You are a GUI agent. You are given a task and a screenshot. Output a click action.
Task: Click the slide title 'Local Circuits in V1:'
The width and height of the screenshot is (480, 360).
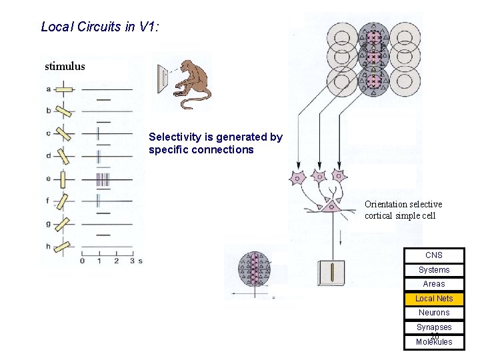[x=99, y=27]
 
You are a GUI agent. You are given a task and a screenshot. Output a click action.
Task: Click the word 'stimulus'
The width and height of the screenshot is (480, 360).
[x=65, y=67]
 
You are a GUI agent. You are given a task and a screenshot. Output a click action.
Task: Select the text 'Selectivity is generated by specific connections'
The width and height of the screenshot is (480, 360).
[x=215, y=143]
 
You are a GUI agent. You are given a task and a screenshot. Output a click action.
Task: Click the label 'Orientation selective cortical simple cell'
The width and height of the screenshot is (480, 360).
[x=403, y=210]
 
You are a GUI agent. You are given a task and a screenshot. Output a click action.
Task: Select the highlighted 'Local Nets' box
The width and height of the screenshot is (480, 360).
[x=434, y=299]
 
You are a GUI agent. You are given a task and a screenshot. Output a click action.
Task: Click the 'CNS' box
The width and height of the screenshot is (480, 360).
[x=434, y=255]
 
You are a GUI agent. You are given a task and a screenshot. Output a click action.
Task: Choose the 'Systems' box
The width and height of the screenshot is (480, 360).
[x=434, y=270]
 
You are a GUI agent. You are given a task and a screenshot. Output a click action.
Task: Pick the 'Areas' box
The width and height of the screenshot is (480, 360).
[x=434, y=284]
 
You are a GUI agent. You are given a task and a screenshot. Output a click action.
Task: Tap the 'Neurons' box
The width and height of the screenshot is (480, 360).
[x=434, y=313]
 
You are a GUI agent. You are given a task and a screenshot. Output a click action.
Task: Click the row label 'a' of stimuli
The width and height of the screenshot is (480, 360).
[x=49, y=89]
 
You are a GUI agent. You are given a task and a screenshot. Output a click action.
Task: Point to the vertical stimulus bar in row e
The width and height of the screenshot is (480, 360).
[x=63, y=179]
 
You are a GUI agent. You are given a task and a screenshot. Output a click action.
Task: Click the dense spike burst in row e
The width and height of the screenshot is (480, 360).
[x=102, y=179]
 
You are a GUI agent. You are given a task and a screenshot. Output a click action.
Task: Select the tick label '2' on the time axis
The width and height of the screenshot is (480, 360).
[x=116, y=261]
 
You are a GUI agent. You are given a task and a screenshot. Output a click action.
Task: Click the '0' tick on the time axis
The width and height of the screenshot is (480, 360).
[x=82, y=261]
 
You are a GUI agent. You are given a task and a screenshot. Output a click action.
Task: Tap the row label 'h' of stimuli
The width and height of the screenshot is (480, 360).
[x=49, y=247]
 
